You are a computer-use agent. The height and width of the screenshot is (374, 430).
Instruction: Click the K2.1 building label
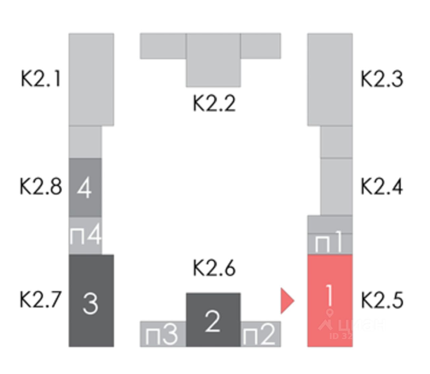tap(41, 79)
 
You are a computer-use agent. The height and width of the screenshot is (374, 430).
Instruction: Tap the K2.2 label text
tap(214, 103)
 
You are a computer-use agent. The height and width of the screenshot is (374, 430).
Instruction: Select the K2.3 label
tap(382, 79)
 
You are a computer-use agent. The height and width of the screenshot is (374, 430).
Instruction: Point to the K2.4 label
tap(382, 186)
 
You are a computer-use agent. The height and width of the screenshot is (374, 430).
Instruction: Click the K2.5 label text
tap(382, 300)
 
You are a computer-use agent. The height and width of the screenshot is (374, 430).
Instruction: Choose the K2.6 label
tap(214, 268)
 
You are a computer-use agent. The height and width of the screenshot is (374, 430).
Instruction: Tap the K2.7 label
tap(41, 299)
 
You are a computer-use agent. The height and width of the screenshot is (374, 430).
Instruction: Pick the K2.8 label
tap(41, 186)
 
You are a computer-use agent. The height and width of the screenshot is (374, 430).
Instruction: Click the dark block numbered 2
tap(213, 319)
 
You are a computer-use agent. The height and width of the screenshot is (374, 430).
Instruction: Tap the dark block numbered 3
tap(91, 300)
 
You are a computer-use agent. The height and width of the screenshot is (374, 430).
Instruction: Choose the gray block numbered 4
tap(85, 187)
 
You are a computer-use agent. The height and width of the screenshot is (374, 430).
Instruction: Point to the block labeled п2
tap(260, 334)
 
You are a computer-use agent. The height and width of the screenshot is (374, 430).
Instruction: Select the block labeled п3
tap(163, 334)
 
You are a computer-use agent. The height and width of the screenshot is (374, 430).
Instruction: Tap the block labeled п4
tap(85, 235)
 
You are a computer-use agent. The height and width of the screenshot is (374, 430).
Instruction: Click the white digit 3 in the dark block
tap(90, 303)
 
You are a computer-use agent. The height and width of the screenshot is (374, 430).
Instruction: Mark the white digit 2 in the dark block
tap(212, 322)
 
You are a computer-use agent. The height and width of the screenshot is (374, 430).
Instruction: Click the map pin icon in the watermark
tap(330, 313)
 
